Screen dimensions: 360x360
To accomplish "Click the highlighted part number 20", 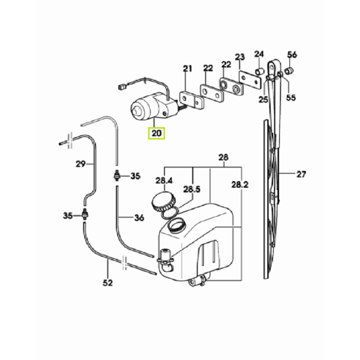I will [157, 133].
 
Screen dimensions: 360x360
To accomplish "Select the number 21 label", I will [187, 68].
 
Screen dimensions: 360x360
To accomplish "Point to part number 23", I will [240, 58].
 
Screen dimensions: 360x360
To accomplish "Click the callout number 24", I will [259, 54].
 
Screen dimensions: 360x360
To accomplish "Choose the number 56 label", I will [292, 55].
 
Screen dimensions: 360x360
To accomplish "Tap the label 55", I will [290, 97].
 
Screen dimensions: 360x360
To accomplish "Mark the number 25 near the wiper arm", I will [263, 99].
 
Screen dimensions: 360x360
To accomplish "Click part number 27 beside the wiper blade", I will [301, 175].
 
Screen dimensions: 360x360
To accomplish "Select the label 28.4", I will [164, 180].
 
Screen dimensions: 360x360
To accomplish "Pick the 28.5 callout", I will [192, 189].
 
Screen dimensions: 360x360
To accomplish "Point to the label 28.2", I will [239, 185].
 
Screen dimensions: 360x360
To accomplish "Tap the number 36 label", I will [139, 218].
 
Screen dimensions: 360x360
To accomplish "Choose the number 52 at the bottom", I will [108, 283].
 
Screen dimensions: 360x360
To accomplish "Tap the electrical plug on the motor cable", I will [122, 86].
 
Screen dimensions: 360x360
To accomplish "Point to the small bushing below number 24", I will [260, 73].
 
